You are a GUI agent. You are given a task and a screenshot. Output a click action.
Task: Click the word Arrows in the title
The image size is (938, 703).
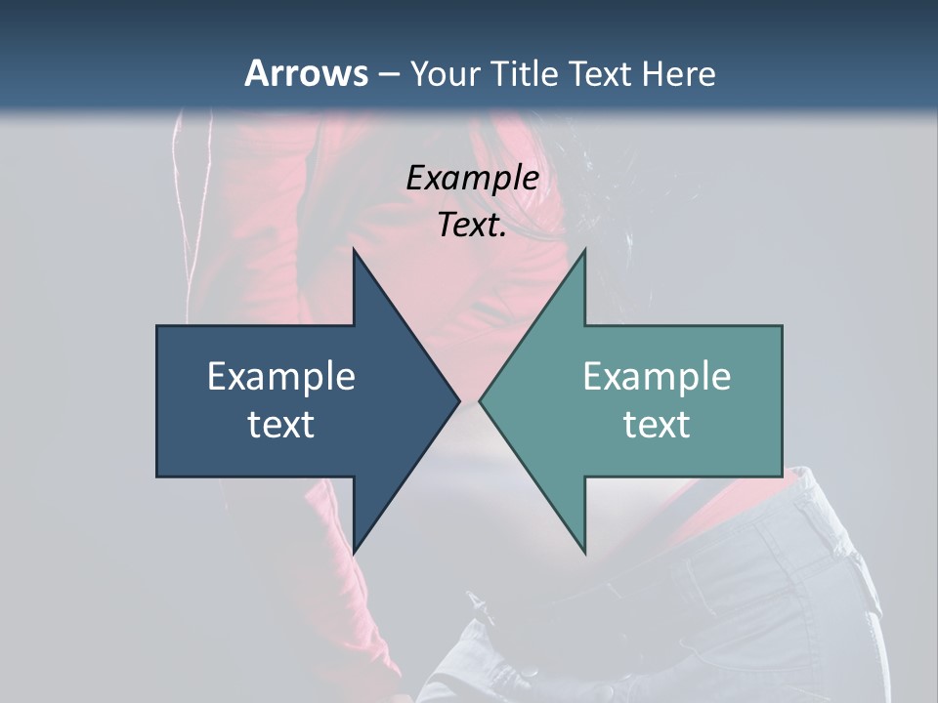click(x=306, y=73)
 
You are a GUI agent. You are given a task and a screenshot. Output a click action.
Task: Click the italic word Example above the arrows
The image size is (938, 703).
click(x=472, y=178)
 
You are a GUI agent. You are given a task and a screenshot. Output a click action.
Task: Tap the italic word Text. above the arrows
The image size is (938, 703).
click(x=472, y=225)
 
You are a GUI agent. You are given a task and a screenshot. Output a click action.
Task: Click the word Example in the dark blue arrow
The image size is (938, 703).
click(x=281, y=376)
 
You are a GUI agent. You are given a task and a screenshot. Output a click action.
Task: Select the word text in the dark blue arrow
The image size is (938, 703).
click(x=281, y=424)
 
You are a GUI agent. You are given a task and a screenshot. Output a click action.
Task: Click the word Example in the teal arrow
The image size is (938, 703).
click(x=657, y=376)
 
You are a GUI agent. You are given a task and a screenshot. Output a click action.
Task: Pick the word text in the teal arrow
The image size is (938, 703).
click(x=657, y=424)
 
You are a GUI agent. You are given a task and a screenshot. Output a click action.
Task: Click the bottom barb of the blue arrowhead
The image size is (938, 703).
click(x=356, y=547)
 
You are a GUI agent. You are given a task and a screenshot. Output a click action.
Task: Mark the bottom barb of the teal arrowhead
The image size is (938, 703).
click(x=582, y=547)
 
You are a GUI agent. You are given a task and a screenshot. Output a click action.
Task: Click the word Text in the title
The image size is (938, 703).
click(x=602, y=73)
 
